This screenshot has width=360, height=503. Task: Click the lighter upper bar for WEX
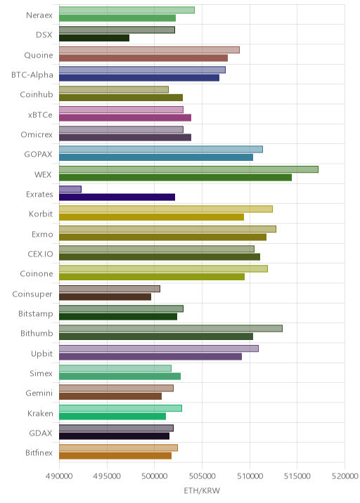click(188, 169)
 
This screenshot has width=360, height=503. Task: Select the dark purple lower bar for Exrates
click(117, 197)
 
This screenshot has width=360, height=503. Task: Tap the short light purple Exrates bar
click(70, 189)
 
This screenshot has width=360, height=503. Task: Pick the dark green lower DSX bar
click(94, 38)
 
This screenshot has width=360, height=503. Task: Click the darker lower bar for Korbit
click(151, 217)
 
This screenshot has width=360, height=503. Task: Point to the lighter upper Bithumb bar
click(171, 329)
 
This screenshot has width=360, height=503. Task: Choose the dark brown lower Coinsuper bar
click(105, 296)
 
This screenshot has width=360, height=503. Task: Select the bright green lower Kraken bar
click(112, 416)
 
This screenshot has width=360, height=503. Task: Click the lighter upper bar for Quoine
click(149, 50)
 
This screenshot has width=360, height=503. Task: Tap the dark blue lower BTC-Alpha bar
click(139, 78)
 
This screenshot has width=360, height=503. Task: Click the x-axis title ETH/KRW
click(202, 491)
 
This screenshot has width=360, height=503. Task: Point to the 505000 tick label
click(202, 476)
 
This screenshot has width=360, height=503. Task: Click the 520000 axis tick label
click(345, 476)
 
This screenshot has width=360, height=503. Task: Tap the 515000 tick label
click(297, 476)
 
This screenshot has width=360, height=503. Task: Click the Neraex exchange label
click(39, 15)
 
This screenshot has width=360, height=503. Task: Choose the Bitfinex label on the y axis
click(39, 452)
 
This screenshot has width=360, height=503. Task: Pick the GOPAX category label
click(38, 155)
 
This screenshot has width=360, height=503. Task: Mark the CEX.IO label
click(40, 254)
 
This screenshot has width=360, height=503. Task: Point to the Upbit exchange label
click(41, 354)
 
